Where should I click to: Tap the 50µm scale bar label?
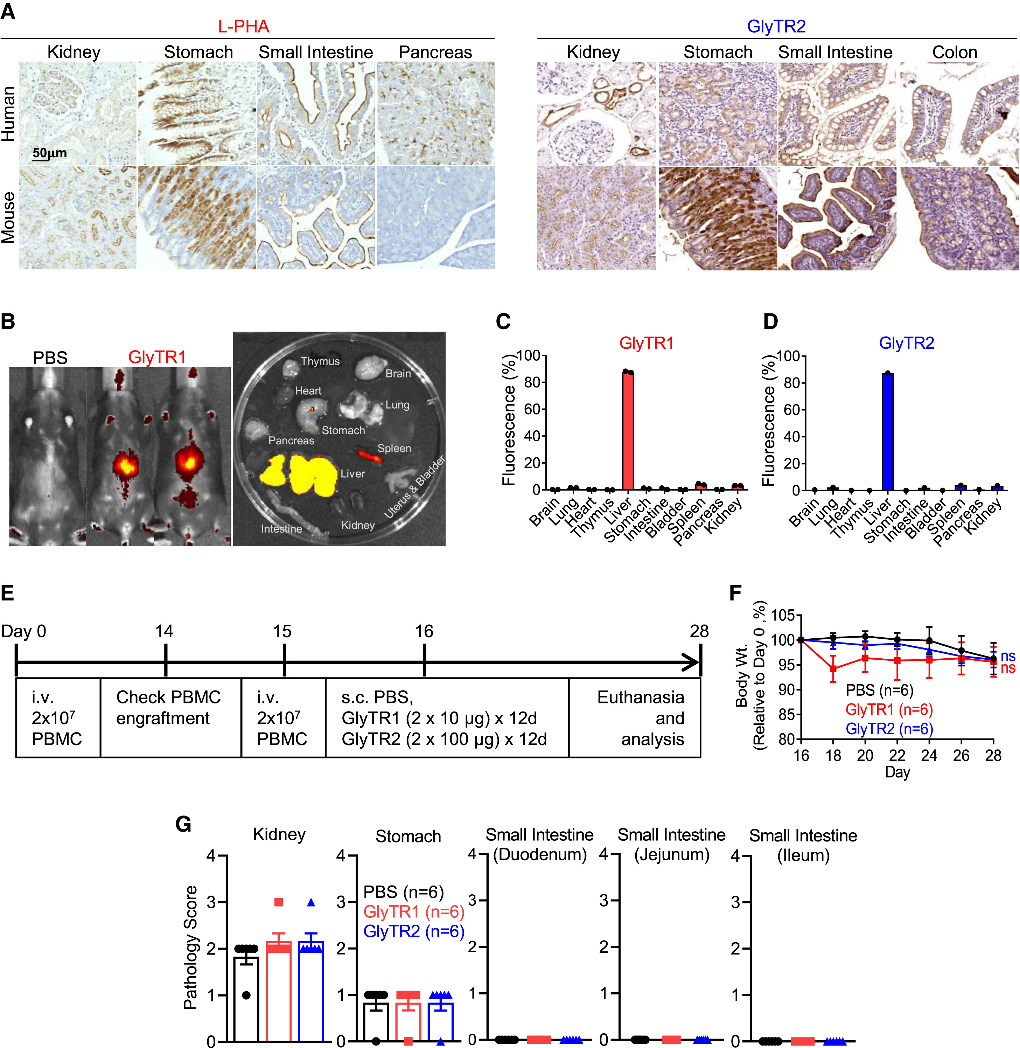49,153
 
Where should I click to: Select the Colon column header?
954,53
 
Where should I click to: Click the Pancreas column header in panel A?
435,53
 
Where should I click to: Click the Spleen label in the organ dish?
394,449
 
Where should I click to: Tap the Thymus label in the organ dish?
320,362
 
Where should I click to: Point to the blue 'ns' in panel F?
1008,656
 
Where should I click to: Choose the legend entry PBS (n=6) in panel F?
879,690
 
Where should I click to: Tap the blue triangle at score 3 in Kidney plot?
311,902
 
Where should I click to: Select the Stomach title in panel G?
408,837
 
